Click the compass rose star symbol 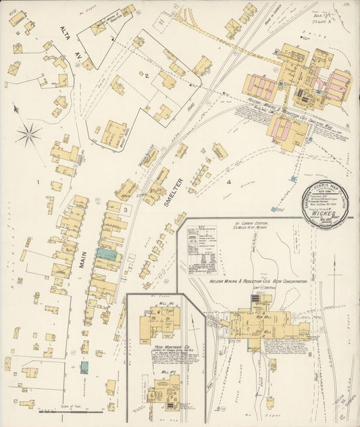coord(28,134)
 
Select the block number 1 coord(38,182)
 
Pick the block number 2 coord(146,75)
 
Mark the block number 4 coord(229,182)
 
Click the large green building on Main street coord(106,254)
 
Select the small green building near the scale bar coord(84,367)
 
